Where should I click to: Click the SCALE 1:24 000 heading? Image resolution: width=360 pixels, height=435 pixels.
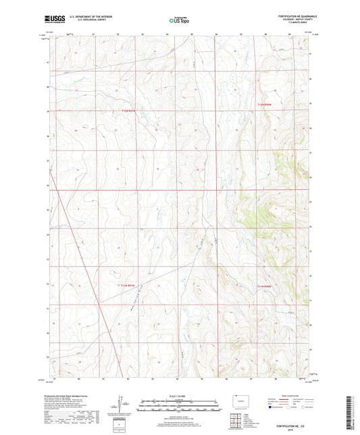[180, 396]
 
